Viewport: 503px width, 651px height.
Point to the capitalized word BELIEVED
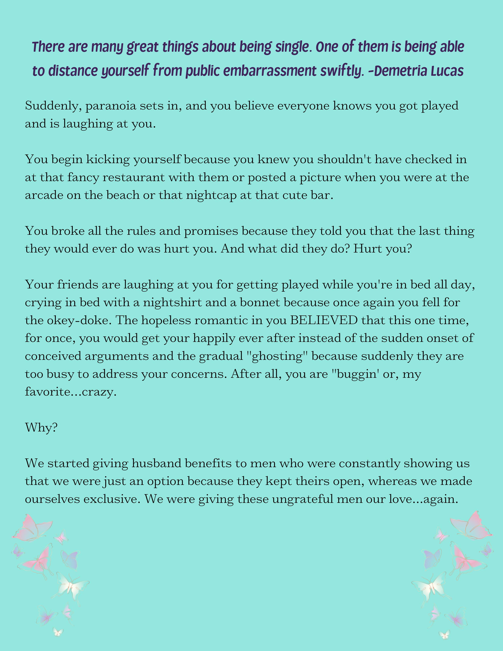coord(324,320)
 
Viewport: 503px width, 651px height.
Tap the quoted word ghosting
coord(277,356)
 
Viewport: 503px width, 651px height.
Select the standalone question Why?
coord(41,428)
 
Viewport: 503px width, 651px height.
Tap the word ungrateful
coord(302,499)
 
